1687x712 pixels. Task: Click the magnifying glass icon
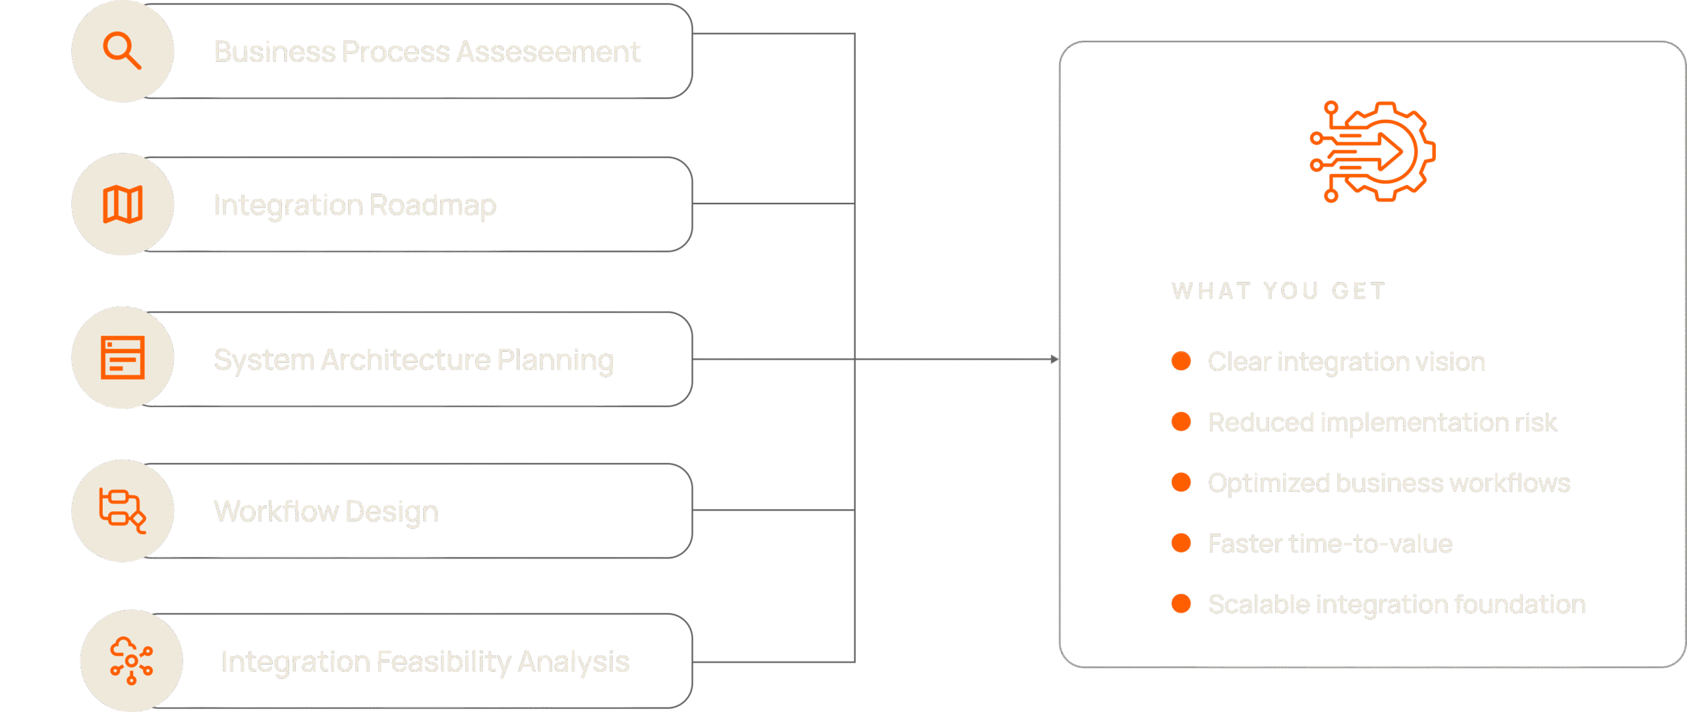pyautogui.click(x=122, y=51)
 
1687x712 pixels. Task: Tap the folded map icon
pyautogui.click(x=123, y=204)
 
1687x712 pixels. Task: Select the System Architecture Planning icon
pyautogui.click(x=123, y=358)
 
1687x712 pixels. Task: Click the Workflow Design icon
pyautogui.click(x=123, y=510)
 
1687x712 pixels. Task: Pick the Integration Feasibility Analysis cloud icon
pyautogui.click(x=131, y=661)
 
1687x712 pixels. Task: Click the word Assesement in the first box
pyautogui.click(x=548, y=52)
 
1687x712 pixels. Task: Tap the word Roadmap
pyautogui.click(x=432, y=205)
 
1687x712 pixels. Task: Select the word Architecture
pyautogui.click(x=406, y=360)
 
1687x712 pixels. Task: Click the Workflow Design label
pyautogui.click(x=326, y=512)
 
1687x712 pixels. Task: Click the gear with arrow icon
pyautogui.click(x=1373, y=151)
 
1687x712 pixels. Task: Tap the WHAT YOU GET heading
pyautogui.click(x=1278, y=290)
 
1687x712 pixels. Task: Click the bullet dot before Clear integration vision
pyautogui.click(x=1181, y=361)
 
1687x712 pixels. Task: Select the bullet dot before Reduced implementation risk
pyautogui.click(x=1181, y=422)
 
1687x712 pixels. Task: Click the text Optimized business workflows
pyautogui.click(x=1389, y=483)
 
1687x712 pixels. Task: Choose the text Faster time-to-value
pyautogui.click(x=1330, y=543)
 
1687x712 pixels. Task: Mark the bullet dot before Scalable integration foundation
pyautogui.click(x=1181, y=603)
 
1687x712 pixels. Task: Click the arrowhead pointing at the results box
pyautogui.click(x=1055, y=359)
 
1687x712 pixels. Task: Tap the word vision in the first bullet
pyautogui.click(x=1450, y=362)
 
